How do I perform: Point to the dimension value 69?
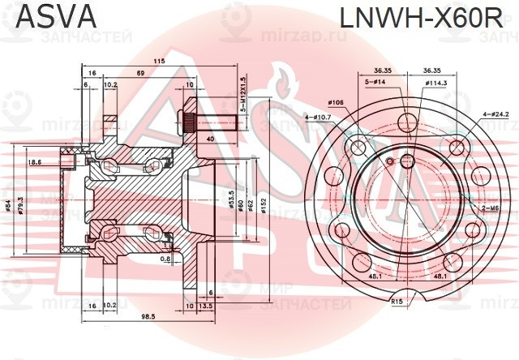(140, 73)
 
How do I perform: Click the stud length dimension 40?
(211, 139)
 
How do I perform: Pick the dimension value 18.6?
(34, 162)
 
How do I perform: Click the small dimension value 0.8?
(165, 259)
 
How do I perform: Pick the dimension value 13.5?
(205, 306)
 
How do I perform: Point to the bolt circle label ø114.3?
(436, 82)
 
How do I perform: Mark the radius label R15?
(397, 301)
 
